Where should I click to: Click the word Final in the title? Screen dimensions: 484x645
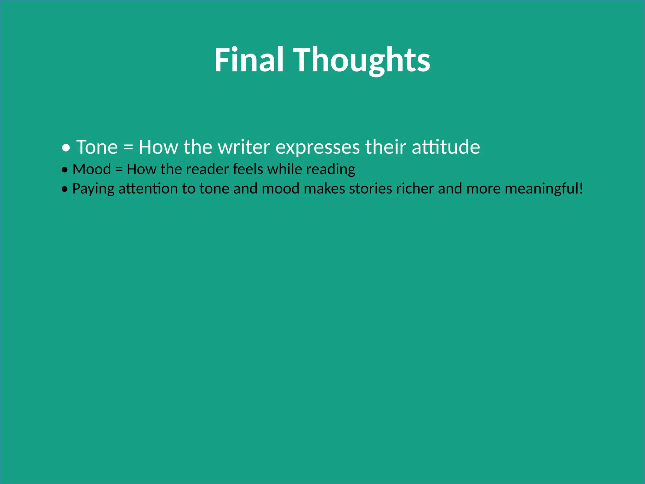coord(249,60)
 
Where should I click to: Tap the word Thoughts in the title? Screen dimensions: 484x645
coord(362,60)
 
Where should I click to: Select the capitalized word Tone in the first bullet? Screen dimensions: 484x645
coord(97,147)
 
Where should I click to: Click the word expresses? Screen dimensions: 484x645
coord(317,147)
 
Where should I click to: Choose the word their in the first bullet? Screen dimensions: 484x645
coord(385,147)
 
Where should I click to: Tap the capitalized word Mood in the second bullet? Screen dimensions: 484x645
coord(92,169)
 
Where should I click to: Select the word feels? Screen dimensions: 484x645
coord(248,169)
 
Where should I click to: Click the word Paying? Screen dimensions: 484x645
coord(93,189)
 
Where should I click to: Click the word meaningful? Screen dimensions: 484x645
coord(542,189)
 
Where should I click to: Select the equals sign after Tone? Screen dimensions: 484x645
coord(128,147)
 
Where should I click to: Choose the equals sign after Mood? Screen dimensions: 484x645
coord(119,170)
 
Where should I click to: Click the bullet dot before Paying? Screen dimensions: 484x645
coord(65,189)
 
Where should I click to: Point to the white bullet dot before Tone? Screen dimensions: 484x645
coord(66,147)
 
